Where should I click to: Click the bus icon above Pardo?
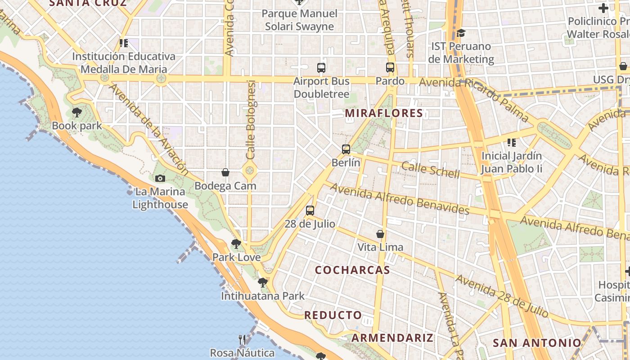tap(390, 68)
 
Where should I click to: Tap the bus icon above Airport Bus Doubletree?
tap(321, 68)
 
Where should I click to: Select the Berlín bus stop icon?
tap(346, 149)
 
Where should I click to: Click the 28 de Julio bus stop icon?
tap(310, 210)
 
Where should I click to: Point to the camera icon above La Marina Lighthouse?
tap(160, 179)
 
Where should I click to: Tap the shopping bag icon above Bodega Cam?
tap(225, 172)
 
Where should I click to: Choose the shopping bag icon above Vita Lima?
tap(380, 234)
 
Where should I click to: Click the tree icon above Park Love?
tap(236, 244)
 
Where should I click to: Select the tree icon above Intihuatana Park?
tap(263, 283)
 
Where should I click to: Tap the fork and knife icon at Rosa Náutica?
tap(242, 339)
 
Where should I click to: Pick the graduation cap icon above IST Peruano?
tap(461, 33)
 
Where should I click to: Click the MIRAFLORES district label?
tap(384, 113)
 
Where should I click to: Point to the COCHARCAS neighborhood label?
tap(352, 270)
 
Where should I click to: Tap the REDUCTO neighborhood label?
tap(333, 315)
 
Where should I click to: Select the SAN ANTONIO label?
tap(537, 342)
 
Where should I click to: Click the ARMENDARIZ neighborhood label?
tap(392, 338)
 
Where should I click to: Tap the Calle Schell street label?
tap(430, 170)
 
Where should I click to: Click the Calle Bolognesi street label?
tap(251, 119)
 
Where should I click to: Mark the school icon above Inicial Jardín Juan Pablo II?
tap(511, 143)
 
